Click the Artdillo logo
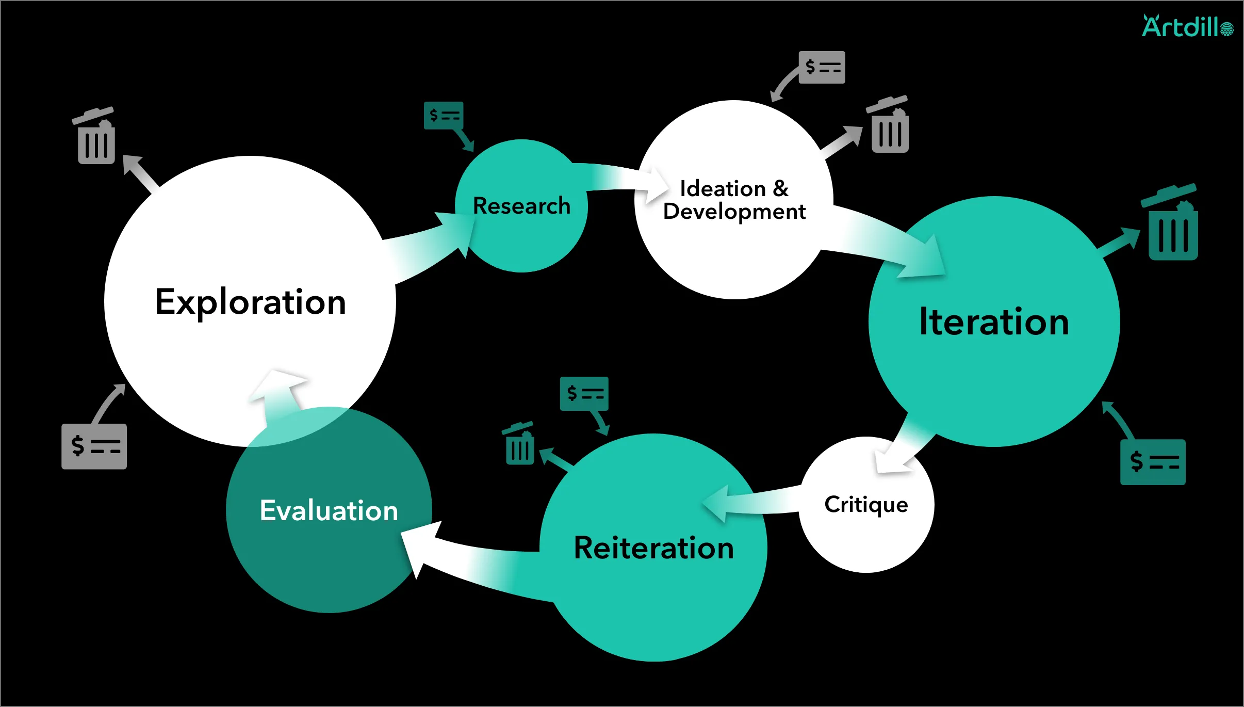pos(1187,27)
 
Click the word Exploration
pos(251,302)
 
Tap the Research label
pos(521,206)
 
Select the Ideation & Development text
pos(734,200)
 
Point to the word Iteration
pos(994,322)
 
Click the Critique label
pos(866,505)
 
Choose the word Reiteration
pos(653,548)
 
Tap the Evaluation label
pos(329,511)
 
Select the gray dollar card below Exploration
pos(94,446)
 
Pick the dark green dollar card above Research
pos(444,116)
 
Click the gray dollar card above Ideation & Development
pos(822,67)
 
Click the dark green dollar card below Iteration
pos(1153,462)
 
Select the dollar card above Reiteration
pos(584,394)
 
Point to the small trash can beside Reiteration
pos(519,444)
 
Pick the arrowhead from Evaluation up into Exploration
pos(279,384)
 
